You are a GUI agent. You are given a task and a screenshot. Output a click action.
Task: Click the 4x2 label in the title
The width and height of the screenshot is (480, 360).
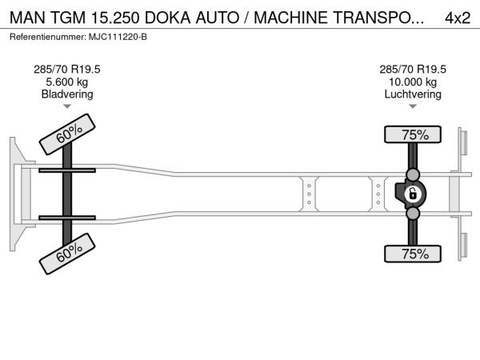point(457,18)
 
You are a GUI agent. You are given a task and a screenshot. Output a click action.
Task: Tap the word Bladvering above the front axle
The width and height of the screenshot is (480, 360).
point(67,94)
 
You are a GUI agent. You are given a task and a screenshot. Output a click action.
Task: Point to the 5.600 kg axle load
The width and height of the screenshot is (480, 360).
point(67,82)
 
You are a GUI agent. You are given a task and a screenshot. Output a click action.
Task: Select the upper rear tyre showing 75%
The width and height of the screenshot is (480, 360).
point(414,135)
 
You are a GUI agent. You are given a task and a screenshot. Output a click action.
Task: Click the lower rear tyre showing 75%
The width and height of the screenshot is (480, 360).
point(414,254)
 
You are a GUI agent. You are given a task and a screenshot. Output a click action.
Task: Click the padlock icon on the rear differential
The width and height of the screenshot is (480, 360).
point(413,194)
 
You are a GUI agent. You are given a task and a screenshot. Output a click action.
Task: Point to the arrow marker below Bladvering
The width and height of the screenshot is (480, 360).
point(67,106)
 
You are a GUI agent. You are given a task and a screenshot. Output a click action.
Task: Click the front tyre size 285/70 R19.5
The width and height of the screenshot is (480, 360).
point(67,70)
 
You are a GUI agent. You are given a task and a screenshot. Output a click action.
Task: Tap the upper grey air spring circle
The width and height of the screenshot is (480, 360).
point(413,175)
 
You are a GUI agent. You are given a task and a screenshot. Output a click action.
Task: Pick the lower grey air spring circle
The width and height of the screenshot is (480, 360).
point(413,214)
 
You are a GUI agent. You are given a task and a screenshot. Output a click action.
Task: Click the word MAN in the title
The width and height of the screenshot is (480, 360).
point(26,18)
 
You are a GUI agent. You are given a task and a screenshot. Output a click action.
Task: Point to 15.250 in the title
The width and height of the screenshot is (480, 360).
point(116,18)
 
